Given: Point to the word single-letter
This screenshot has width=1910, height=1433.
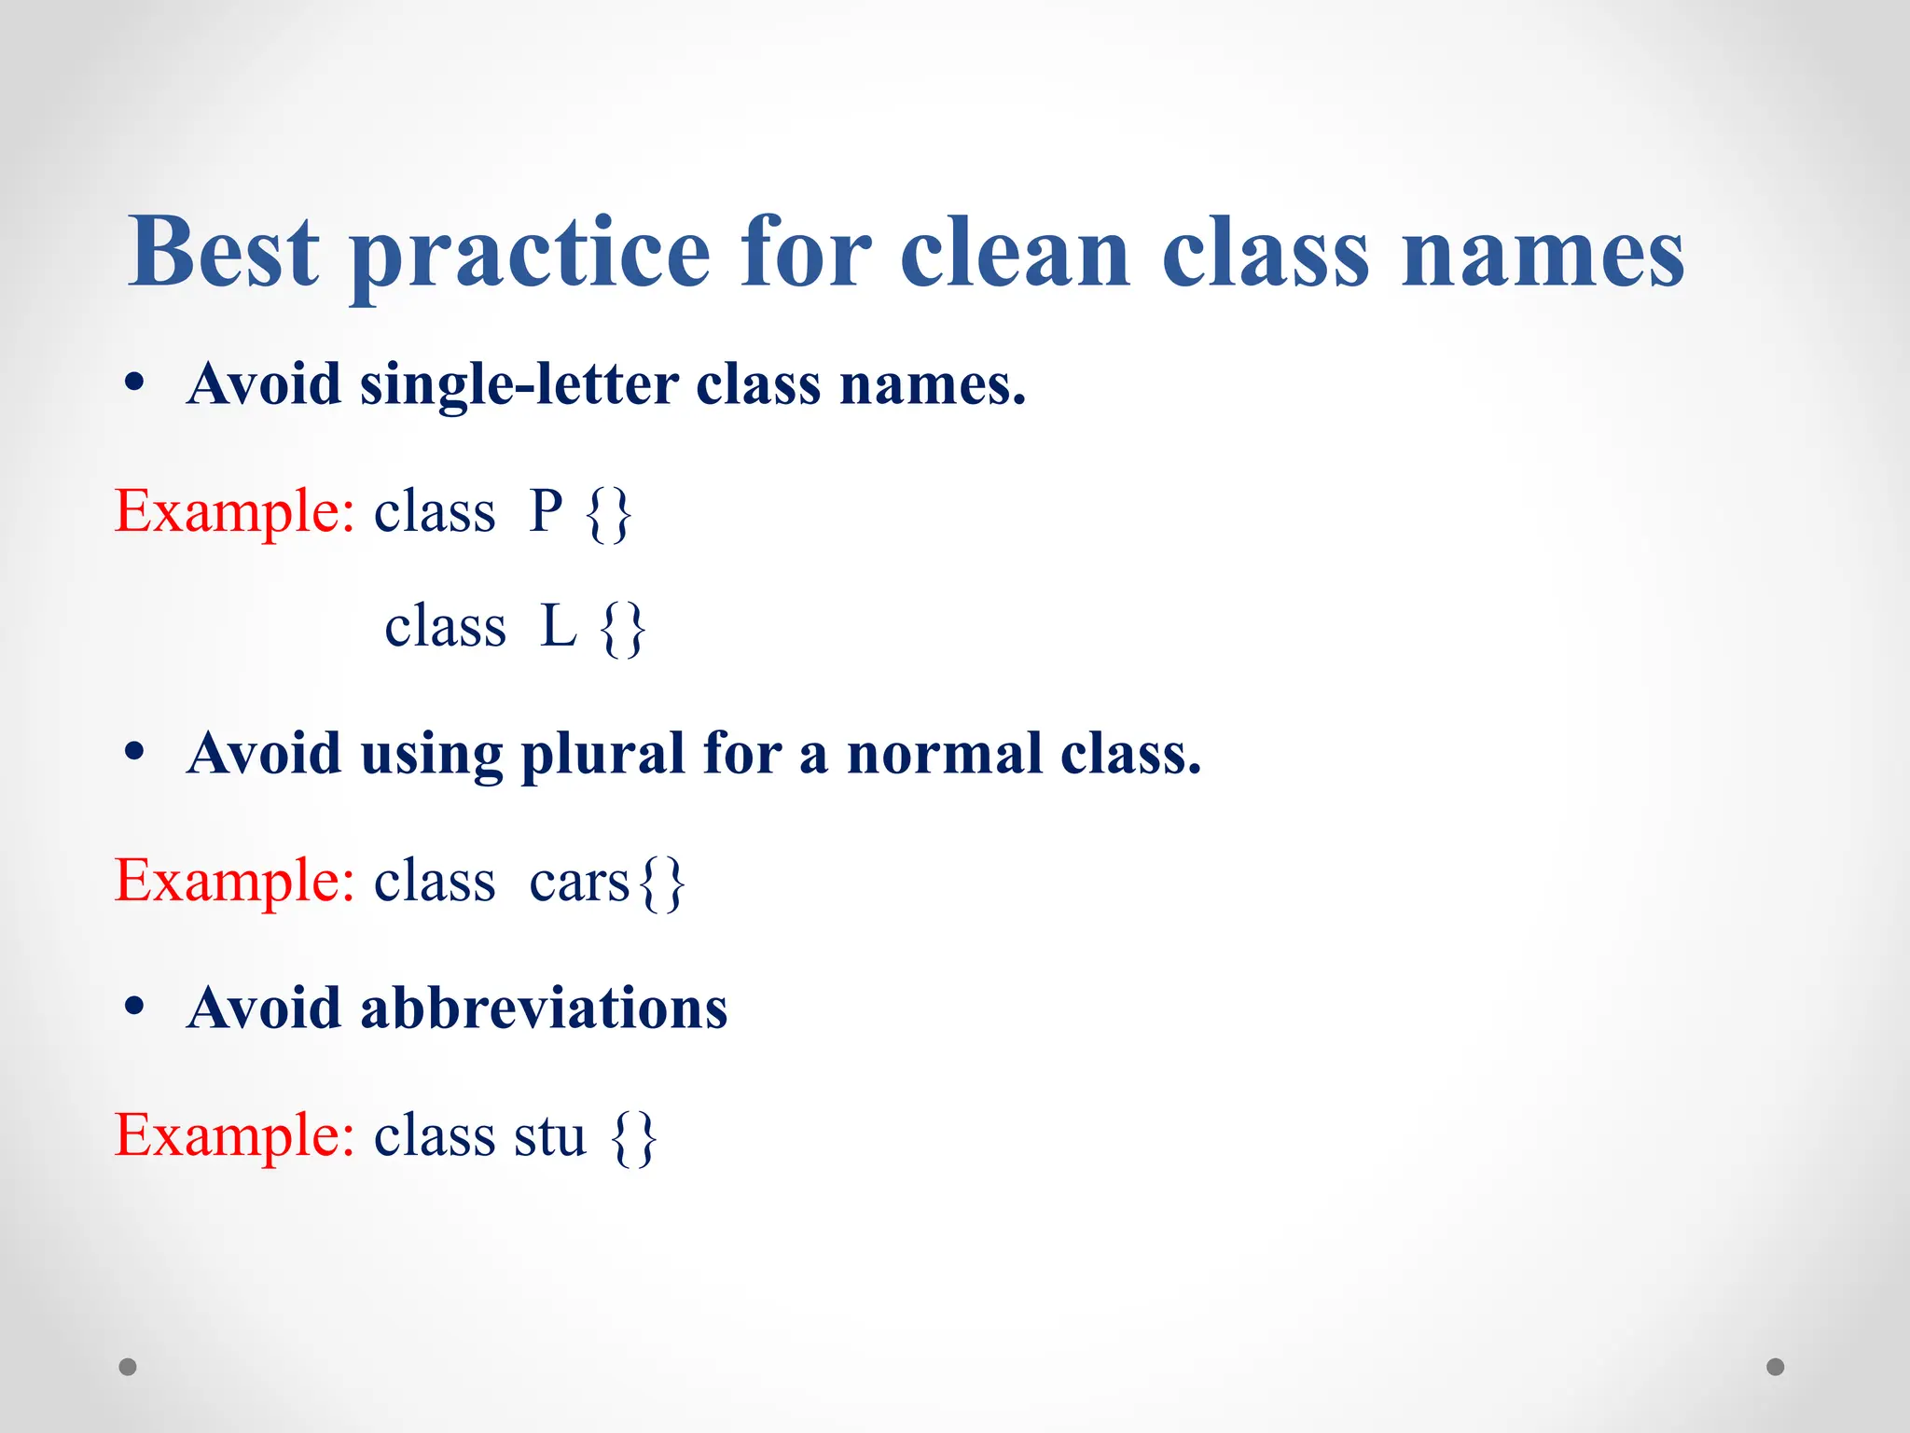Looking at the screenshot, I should (519, 384).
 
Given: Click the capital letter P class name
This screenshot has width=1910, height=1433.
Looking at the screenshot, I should (546, 511).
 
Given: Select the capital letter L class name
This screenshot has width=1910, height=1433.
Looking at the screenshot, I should (558, 626).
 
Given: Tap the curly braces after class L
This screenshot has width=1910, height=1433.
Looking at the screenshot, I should (623, 629).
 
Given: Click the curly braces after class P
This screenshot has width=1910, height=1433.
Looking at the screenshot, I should (610, 514).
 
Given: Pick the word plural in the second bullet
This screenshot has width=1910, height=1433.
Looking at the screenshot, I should (602, 754).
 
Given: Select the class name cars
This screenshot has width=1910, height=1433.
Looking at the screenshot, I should (579, 882).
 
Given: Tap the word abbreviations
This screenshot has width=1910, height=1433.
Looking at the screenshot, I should (544, 1009).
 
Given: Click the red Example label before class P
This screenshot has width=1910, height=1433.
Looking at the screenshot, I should (234, 511).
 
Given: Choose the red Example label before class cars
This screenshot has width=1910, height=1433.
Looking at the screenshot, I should (234, 881).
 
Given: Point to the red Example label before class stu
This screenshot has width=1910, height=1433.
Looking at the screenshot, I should (234, 1135).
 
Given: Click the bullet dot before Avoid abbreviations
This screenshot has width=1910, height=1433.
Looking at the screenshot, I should (135, 1007).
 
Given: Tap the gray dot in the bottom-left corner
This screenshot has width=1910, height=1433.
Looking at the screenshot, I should (128, 1367).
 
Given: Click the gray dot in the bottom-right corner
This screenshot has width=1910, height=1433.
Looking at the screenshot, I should (1776, 1367).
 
